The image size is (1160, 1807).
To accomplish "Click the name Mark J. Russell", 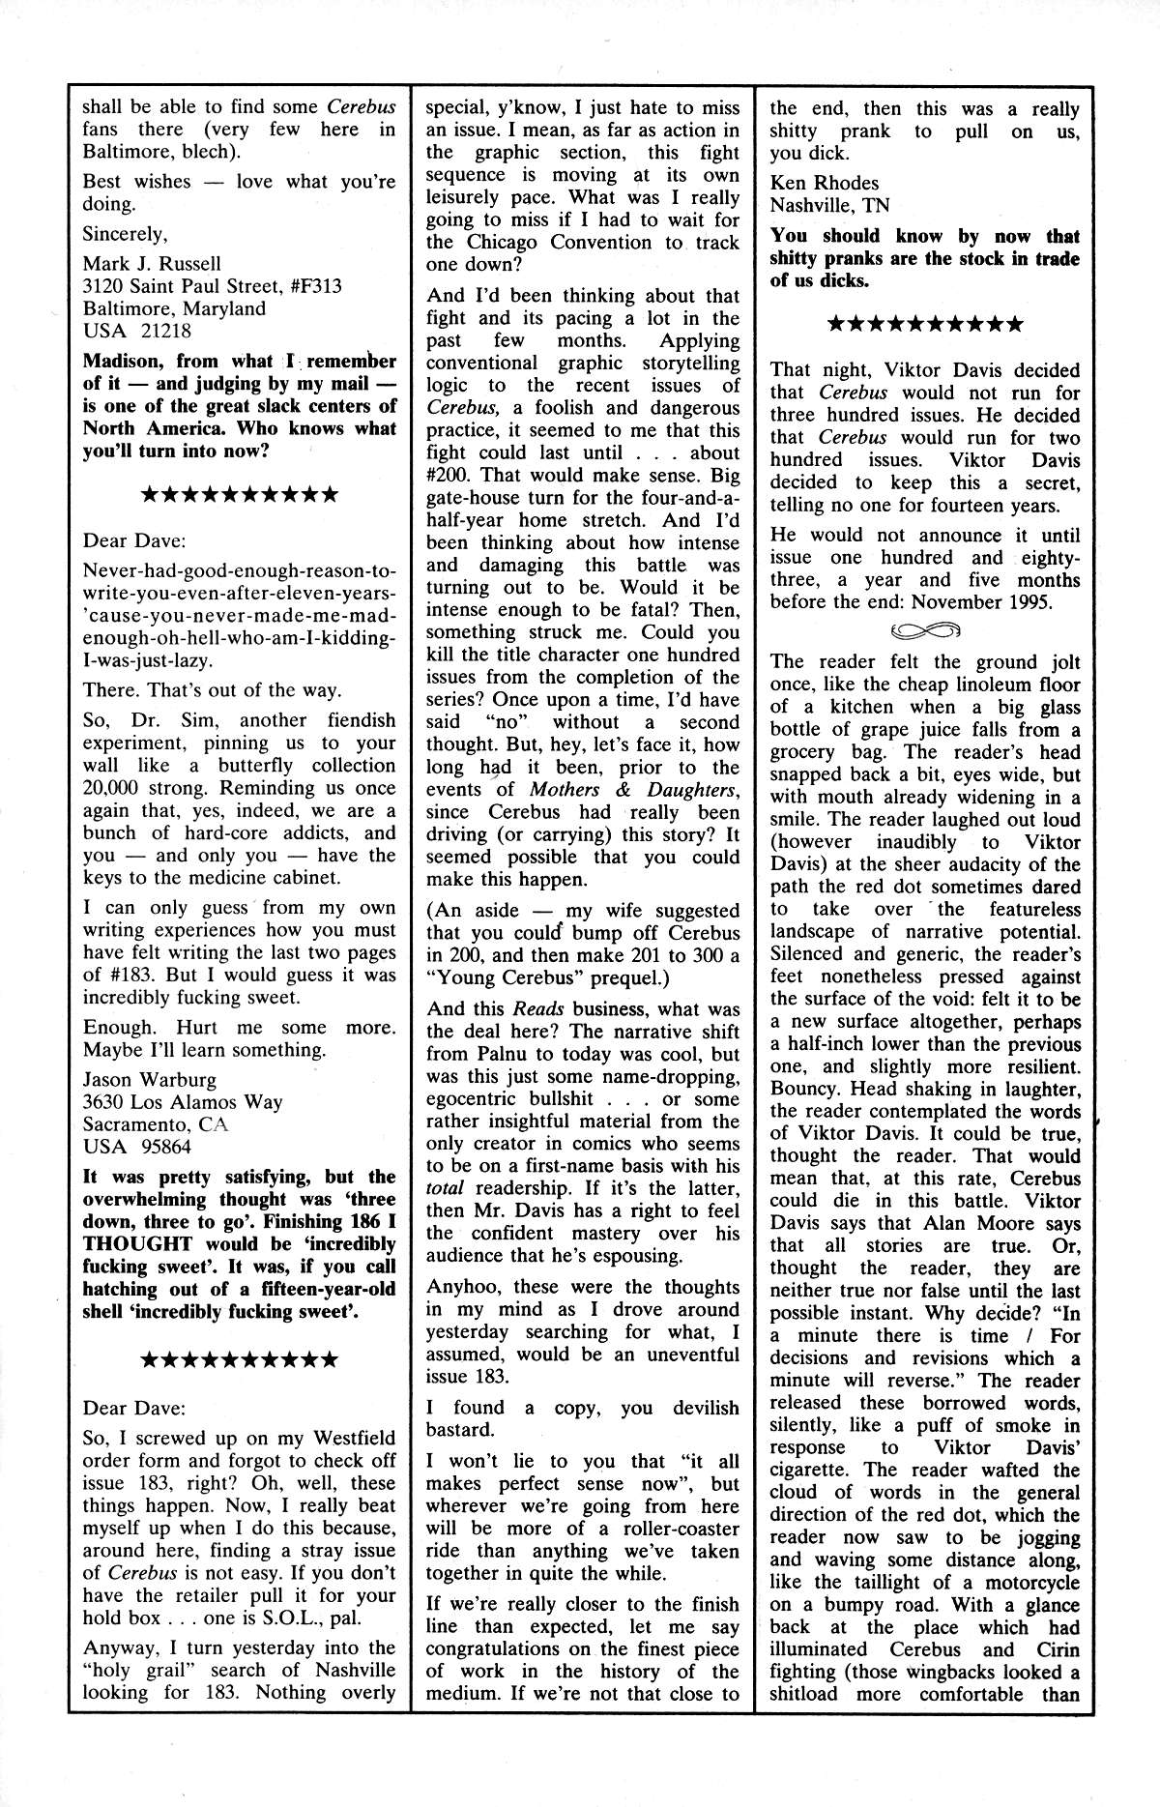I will coord(152,264).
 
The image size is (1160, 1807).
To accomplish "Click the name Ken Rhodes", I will coord(825,183).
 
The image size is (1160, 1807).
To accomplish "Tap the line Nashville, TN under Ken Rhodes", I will coord(829,206).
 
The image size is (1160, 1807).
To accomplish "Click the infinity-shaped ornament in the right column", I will coord(925,631).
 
